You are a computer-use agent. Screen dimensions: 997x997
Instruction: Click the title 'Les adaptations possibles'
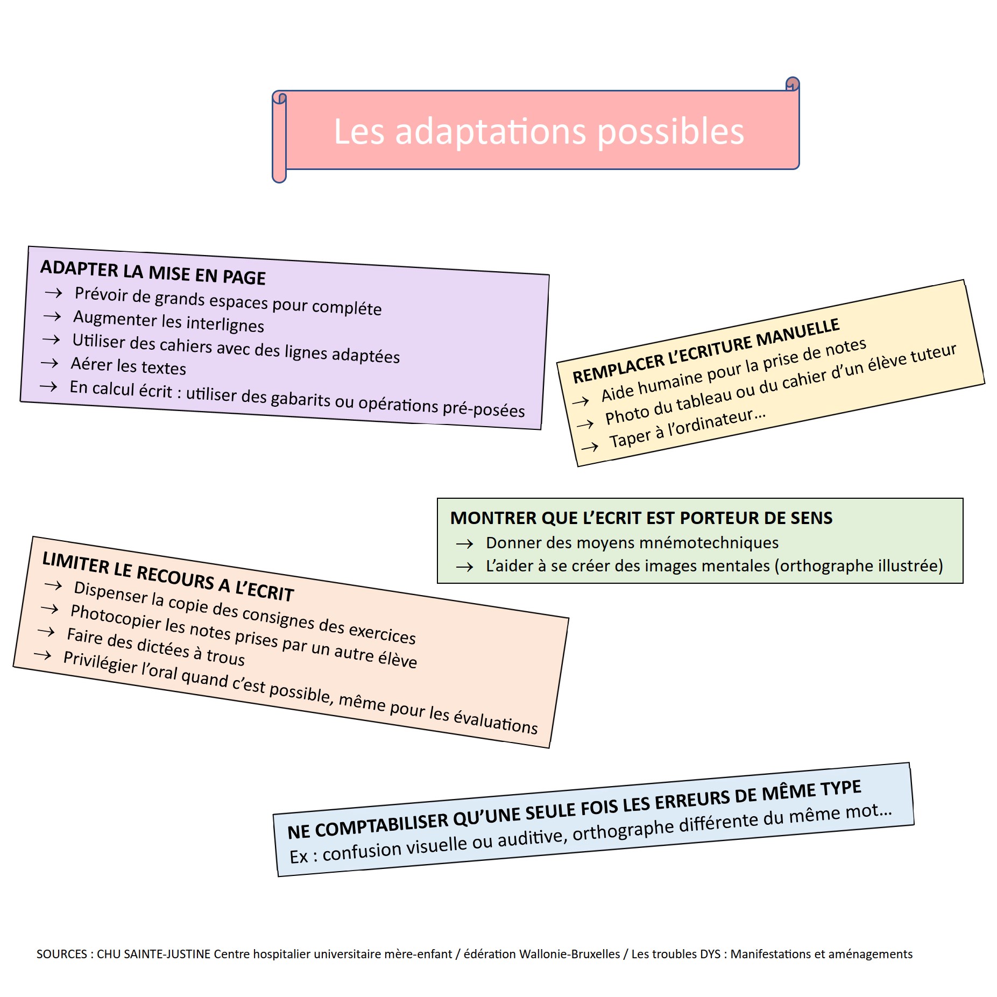(x=539, y=132)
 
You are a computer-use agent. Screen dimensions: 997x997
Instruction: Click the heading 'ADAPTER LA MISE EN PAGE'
(x=153, y=272)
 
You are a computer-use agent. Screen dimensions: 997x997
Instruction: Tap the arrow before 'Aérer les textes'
(x=50, y=363)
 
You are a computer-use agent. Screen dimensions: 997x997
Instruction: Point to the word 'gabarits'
(x=300, y=399)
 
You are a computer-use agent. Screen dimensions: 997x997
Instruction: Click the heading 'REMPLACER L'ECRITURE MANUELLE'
(x=705, y=350)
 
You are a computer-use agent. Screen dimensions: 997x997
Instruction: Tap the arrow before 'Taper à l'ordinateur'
(x=590, y=447)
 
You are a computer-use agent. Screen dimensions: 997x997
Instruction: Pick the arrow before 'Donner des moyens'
(x=464, y=544)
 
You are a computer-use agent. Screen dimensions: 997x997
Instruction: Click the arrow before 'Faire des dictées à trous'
(x=46, y=631)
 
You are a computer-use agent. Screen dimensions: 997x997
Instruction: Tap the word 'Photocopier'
(x=116, y=617)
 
